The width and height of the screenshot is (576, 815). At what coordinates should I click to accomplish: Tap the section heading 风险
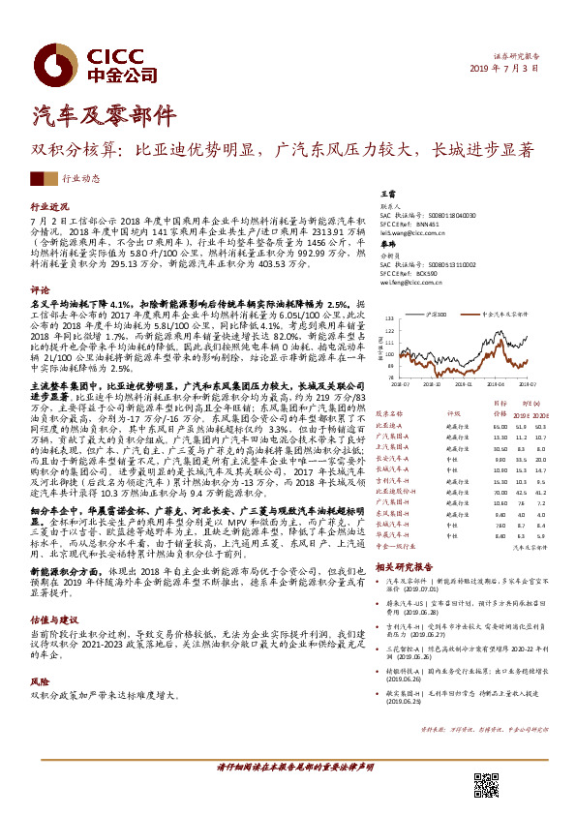pos(40,653)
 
